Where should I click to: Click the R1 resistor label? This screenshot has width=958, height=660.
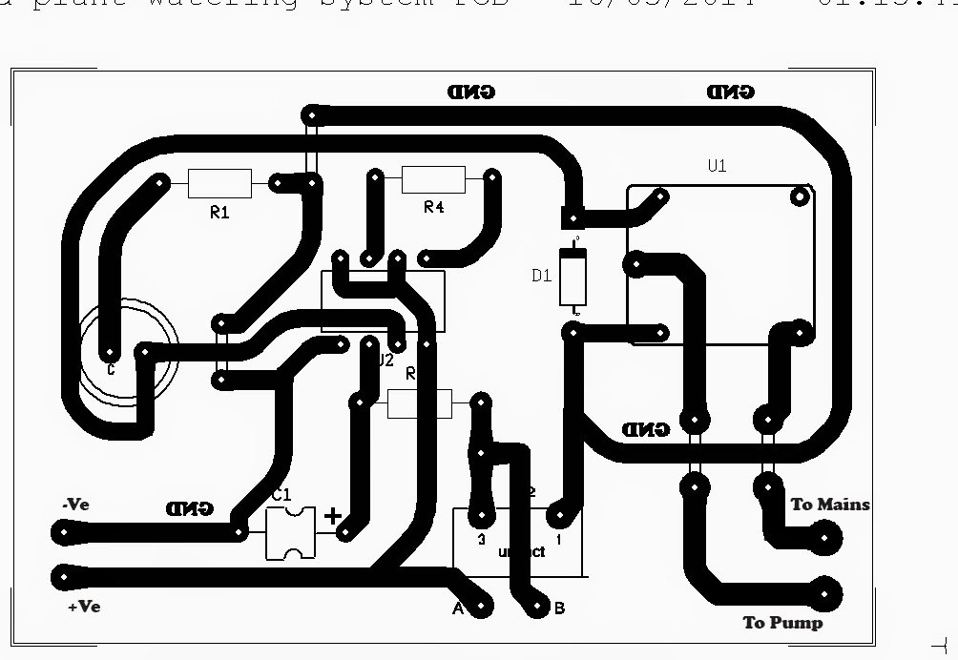tap(219, 213)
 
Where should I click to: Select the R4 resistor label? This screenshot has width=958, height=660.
tap(433, 207)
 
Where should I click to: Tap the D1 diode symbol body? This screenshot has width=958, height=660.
tap(573, 277)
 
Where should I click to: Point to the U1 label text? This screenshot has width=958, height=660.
tap(718, 165)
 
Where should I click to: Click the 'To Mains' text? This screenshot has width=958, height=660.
tap(830, 504)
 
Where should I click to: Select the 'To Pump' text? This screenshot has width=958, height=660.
tap(782, 623)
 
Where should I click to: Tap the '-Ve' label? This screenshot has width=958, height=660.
tap(74, 505)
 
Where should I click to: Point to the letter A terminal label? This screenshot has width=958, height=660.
tap(457, 608)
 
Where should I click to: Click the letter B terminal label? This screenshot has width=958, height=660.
tap(559, 608)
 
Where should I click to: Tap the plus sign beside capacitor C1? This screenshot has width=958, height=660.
tap(332, 517)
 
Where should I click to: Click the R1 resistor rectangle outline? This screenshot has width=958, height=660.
tap(219, 182)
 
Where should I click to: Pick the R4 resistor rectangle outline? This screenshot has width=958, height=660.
tap(433, 178)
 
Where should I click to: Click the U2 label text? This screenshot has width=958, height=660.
tap(385, 361)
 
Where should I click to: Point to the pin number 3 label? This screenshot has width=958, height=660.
tap(482, 539)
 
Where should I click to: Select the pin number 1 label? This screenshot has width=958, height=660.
tap(559, 539)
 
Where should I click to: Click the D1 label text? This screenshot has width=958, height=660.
tap(541, 277)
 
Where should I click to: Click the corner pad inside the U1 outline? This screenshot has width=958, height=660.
tap(799, 197)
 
